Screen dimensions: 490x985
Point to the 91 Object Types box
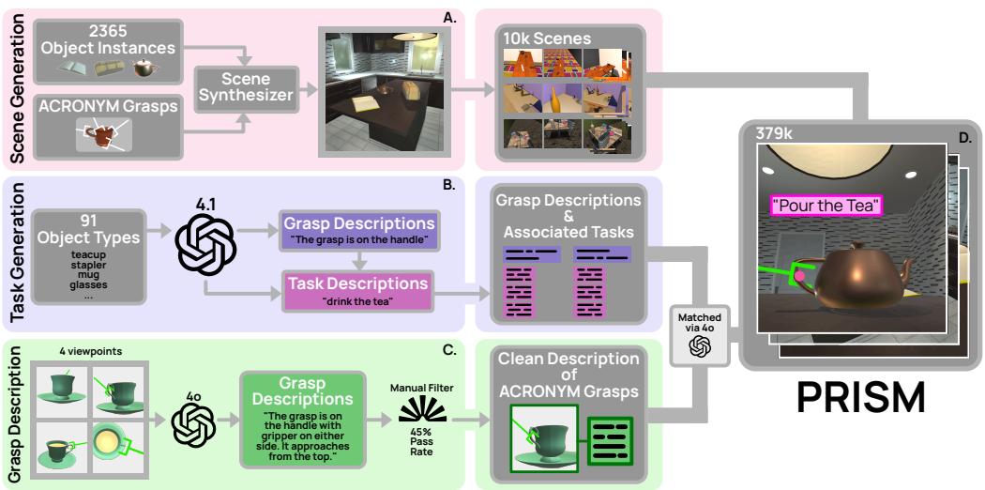(90, 256)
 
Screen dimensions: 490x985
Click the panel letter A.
(448, 16)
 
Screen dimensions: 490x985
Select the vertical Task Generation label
(16, 253)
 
